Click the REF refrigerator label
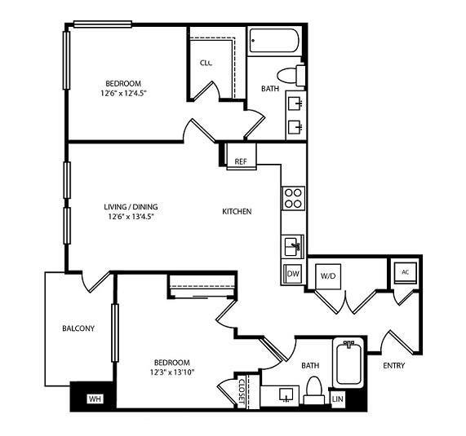click(x=241, y=161)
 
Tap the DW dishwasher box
click(x=293, y=274)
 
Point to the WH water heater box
click(x=94, y=399)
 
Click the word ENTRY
click(x=393, y=366)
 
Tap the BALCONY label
click(x=78, y=329)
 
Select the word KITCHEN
click(x=237, y=212)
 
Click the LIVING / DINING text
click(x=129, y=205)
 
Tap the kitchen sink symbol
click(x=293, y=245)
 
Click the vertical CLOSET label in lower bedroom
click(x=242, y=390)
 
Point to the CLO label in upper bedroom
click(x=206, y=62)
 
